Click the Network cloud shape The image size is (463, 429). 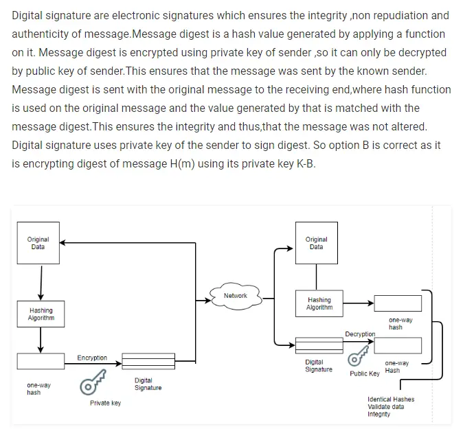click(x=236, y=296)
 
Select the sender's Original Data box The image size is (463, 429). click(x=38, y=243)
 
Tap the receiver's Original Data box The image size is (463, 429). click(x=316, y=243)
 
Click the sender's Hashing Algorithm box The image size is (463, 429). click(x=41, y=314)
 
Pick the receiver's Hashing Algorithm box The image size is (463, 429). click(x=319, y=303)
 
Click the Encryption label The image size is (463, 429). click(x=92, y=358)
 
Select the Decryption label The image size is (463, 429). click(x=360, y=334)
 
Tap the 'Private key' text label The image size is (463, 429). click(x=105, y=403)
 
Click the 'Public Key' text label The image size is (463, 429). click(x=364, y=374)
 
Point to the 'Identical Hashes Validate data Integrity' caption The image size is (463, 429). click(x=391, y=406)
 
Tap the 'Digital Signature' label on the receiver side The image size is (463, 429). click(x=318, y=365)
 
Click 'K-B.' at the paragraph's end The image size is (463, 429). click(x=303, y=164)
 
